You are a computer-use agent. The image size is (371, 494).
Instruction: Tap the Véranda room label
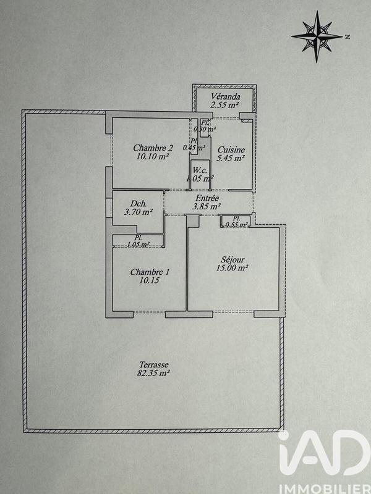tap(224, 97)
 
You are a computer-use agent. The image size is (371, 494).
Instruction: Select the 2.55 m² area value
tap(224, 106)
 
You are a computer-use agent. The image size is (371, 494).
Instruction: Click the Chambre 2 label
tap(153, 148)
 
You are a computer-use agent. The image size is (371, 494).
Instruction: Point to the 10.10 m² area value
tap(153, 157)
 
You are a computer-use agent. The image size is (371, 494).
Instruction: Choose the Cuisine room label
tap(231, 150)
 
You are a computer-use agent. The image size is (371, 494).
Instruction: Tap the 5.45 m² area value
tap(231, 158)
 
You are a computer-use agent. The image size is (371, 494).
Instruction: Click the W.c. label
tap(199, 170)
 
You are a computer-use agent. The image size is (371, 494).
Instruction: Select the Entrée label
tap(206, 198)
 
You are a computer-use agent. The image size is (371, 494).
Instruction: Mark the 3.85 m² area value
tap(207, 207)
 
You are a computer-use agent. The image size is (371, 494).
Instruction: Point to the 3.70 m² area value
tap(139, 212)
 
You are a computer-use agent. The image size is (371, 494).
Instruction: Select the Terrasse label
tap(153, 364)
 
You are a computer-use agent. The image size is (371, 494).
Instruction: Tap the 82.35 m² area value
tap(153, 373)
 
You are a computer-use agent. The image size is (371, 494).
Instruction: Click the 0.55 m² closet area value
tap(237, 225)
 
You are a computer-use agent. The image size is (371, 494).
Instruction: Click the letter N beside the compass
tap(348, 36)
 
